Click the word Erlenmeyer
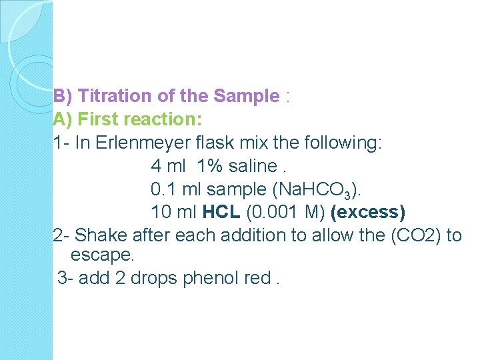point(141,143)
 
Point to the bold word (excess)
point(368,212)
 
